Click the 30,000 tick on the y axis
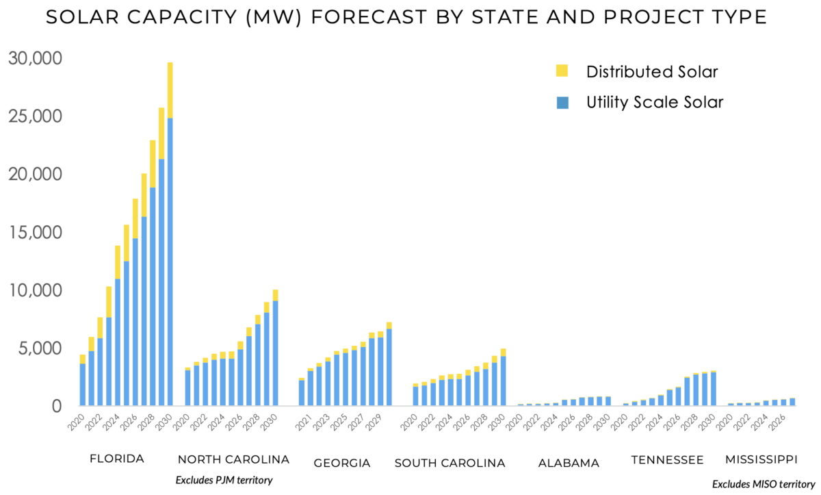pyautogui.click(x=35, y=59)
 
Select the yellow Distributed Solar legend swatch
pyautogui.click(x=562, y=71)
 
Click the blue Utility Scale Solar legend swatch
pyautogui.click(x=562, y=103)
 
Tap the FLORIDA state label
pyautogui.click(x=117, y=459)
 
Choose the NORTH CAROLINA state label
pyautogui.click(x=233, y=459)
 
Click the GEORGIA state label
pyautogui.click(x=342, y=464)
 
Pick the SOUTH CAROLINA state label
pyautogui.click(x=450, y=464)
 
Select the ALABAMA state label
pyautogui.click(x=569, y=464)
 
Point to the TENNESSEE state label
pyautogui.click(x=667, y=459)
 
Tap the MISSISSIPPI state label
pyautogui.click(x=762, y=459)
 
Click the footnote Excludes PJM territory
pyautogui.click(x=224, y=480)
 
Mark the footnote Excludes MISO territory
pyautogui.click(x=764, y=484)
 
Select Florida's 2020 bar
pyautogui.click(x=83, y=381)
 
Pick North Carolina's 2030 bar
pyautogui.click(x=275, y=348)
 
